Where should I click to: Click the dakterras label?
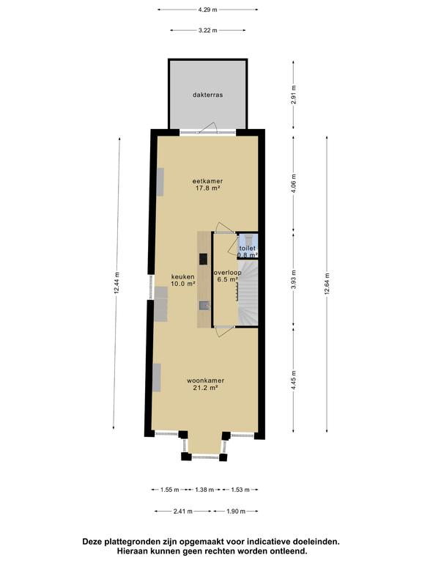pos(208,95)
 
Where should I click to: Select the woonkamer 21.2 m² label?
pos(206,384)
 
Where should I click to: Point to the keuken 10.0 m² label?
pos(183,280)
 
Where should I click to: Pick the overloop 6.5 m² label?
pos(228,276)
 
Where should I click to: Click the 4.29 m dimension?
pos(208,10)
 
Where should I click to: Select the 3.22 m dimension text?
pos(208,31)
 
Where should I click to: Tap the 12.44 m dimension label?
pos(116,283)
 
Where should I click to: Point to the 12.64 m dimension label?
pos(327,284)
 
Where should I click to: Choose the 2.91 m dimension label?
pos(294,95)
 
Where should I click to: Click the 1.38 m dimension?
pos(204,490)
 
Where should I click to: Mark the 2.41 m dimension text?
pos(183,511)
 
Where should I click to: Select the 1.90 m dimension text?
pos(236,511)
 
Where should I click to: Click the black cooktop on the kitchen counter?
pos(204,259)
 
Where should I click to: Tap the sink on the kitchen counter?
pos(204,305)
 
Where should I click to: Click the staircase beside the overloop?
pos(248,292)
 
